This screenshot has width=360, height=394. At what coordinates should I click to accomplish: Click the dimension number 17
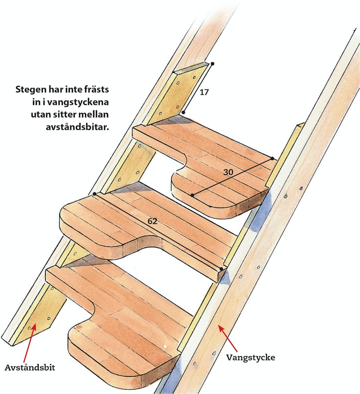[x=204, y=92]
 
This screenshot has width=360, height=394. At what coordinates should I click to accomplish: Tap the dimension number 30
[x=228, y=172]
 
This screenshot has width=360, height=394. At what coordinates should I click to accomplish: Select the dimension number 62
[x=152, y=221]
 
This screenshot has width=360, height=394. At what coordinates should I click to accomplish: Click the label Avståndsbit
[x=30, y=368]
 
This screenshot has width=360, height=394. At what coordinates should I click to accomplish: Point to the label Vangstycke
[x=251, y=358]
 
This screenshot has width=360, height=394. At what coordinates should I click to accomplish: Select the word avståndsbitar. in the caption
[x=77, y=127]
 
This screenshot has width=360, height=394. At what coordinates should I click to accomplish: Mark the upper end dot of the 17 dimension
[x=212, y=64]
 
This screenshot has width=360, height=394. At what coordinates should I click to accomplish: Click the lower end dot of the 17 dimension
[x=184, y=113]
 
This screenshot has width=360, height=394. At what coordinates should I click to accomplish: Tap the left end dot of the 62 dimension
[x=94, y=194]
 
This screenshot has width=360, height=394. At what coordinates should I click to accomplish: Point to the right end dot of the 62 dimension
[x=221, y=269]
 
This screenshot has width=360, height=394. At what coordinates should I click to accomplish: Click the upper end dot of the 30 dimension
[x=272, y=158]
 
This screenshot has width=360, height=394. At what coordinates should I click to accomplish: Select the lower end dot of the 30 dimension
[x=192, y=195]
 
